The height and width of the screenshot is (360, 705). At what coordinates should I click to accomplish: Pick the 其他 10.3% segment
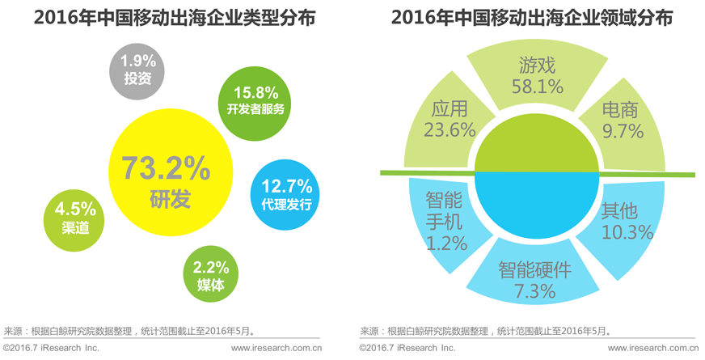click(x=624, y=220)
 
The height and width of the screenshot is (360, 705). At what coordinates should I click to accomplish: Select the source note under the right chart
click(x=484, y=331)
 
